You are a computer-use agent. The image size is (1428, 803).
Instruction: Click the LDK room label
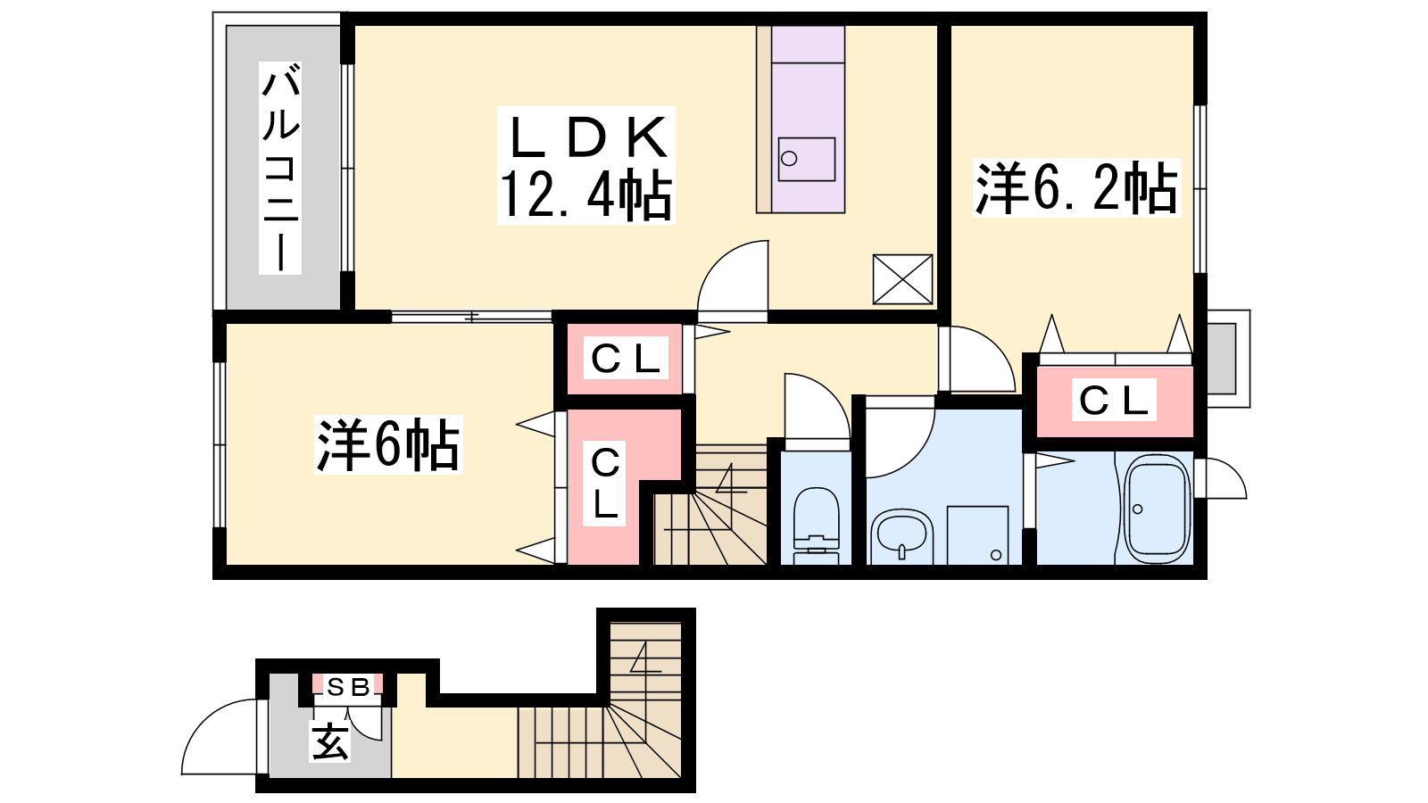[x=587, y=138]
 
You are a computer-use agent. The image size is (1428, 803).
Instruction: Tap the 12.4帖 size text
[x=585, y=195]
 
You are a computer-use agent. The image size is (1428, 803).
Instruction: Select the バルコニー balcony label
[x=280, y=168]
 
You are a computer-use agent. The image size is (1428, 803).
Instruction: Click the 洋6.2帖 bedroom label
[x=1076, y=188]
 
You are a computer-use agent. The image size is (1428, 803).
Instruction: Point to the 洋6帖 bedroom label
[x=388, y=444]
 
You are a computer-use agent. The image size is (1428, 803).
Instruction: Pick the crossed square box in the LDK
[x=902, y=279]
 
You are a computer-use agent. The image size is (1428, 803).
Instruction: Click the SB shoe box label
[x=348, y=686]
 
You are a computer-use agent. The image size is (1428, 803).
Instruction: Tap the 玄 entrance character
[x=330, y=741]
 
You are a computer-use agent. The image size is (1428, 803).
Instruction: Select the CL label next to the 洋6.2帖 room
[x=1113, y=401]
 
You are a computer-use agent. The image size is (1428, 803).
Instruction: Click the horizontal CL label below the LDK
[x=625, y=359]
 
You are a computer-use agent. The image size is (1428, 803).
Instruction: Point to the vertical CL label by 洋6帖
[x=605, y=484]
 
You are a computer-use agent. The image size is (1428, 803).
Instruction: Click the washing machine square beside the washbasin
[x=977, y=534]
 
